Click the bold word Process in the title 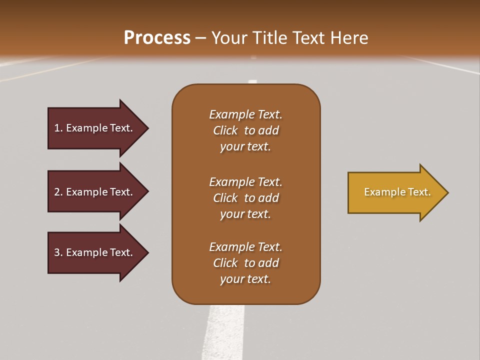pyautogui.click(x=157, y=38)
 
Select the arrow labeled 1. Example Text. pyautogui.click(x=95, y=128)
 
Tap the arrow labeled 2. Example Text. pyautogui.click(x=95, y=192)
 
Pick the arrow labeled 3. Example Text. pyautogui.click(x=95, y=252)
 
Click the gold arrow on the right pyautogui.click(x=395, y=192)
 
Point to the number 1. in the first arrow pyautogui.click(x=58, y=128)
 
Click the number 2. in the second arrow pyautogui.click(x=58, y=192)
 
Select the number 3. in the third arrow pyautogui.click(x=58, y=252)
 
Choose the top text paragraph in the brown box pyautogui.click(x=245, y=130)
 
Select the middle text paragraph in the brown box pyautogui.click(x=245, y=198)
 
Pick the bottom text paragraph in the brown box pyautogui.click(x=245, y=263)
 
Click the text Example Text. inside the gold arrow pyautogui.click(x=397, y=192)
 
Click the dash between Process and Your pyautogui.click(x=201, y=38)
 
